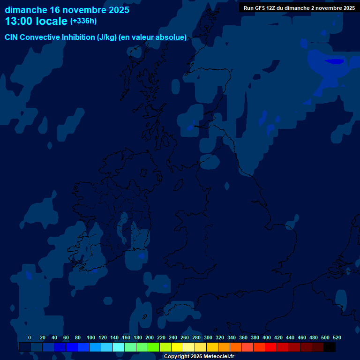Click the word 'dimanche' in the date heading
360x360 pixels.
25,10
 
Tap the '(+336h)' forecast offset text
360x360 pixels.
83,21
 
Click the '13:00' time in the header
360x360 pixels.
18,21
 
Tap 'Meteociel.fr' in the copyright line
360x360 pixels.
218,357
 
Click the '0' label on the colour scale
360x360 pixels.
30,338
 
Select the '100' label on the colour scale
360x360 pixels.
91,338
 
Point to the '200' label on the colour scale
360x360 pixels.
150,338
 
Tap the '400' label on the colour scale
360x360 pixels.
267,338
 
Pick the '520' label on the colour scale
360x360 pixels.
337,338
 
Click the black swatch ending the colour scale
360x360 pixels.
330,347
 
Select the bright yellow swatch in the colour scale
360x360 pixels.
177,347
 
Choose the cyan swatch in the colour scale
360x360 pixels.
119,347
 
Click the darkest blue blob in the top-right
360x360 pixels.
335,61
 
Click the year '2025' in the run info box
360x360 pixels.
348,8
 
